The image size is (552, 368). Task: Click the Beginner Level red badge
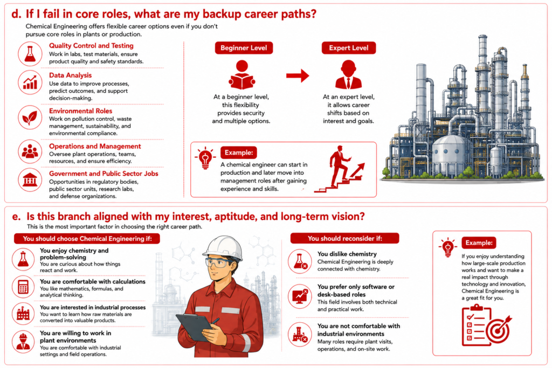click(x=244, y=48)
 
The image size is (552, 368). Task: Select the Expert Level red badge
click(x=349, y=48)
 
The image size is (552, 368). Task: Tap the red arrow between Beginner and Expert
click(x=298, y=75)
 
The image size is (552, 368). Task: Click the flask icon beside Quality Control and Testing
click(x=30, y=54)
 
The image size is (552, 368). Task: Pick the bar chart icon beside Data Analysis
click(x=30, y=82)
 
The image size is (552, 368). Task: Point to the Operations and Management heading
click(x=95, y=146)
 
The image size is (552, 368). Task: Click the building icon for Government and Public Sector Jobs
click(x=30, y=180)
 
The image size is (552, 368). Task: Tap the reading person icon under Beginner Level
click(x=242, y=74)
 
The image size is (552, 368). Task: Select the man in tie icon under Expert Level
click(x=348, y=74)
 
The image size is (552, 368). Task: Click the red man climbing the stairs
click(x=339, y=165)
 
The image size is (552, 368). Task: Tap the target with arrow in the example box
click(x=498, y=330)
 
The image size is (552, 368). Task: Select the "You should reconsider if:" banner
click(x=344, y=238)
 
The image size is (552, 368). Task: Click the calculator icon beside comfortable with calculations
click(x=23, y=287)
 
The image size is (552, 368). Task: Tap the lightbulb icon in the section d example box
click(x=205, y=158)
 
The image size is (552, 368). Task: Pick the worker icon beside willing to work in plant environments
click(x=23, y=342)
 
